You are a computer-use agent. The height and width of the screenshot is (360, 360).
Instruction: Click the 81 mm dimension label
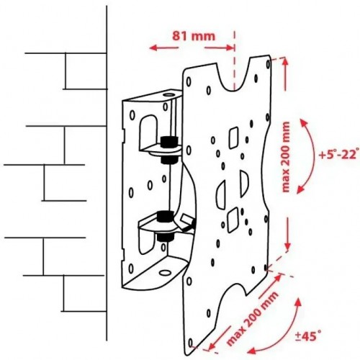click(194, 36)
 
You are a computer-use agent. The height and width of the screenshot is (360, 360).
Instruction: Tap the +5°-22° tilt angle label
click(339, 154)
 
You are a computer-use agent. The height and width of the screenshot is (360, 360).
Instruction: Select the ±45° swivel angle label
click(308, 336)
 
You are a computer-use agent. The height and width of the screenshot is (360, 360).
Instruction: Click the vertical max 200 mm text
click(286, 157)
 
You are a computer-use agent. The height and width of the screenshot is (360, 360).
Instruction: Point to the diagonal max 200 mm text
click(252, 318)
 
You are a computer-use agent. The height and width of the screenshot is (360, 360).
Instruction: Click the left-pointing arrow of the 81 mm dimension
click(164, 48)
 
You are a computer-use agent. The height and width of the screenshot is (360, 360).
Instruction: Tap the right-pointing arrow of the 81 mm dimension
click(219, 48)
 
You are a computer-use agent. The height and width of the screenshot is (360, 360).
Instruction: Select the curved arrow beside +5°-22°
click(310, 156)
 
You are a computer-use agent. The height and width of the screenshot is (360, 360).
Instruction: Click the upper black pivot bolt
click(169, 149)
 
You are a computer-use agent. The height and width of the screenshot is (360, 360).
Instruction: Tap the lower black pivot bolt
click(165, 225)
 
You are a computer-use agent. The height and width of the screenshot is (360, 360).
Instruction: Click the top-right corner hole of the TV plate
click(268, 64)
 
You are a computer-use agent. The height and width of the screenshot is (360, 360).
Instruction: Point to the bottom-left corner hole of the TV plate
click(191, 343)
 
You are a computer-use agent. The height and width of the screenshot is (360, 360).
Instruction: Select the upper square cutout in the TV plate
click(233, 138)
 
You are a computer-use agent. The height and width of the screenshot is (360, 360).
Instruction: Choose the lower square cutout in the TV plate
click(233, 220)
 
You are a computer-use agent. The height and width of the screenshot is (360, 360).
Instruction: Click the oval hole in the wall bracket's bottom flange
click(165, 273)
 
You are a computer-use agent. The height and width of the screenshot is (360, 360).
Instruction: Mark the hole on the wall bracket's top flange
click(169, 94)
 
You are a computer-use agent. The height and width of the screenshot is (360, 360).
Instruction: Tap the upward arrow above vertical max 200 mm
click(285, 74)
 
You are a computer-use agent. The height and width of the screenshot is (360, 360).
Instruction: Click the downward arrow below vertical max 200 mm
click(287, 233)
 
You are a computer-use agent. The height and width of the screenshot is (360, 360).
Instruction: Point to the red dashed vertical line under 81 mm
click(234, 60)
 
